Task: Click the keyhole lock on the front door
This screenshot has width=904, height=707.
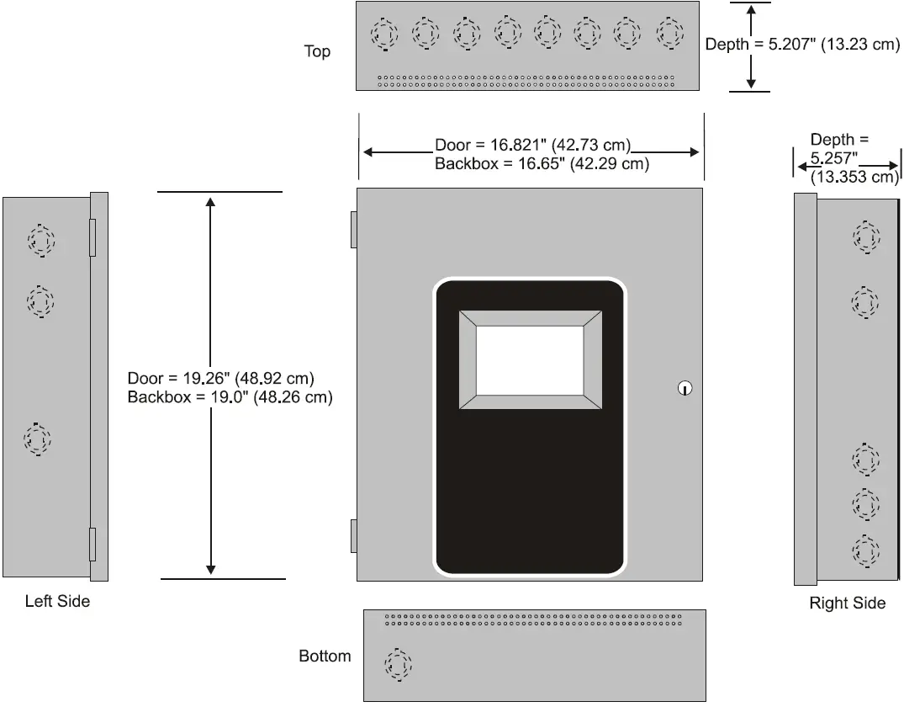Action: click(685, 388)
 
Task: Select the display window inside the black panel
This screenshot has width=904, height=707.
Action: click(530, 360)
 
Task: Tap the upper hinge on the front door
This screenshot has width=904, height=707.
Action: click(354, 229)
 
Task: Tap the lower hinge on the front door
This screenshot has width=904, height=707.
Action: click(354, 536)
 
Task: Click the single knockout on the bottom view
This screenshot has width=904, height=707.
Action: click(399, 665)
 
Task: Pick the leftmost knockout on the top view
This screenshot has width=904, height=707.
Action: click(384, 35)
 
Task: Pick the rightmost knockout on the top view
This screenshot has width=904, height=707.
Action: click(669, 34)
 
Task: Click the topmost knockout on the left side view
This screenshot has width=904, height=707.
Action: click(40, 241)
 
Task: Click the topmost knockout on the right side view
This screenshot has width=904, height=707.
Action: click(865, 237)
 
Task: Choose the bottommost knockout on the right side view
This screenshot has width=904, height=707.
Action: click(865, 550)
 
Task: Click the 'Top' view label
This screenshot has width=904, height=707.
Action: click(317, 52)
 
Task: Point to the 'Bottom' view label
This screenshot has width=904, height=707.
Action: click(325, 656)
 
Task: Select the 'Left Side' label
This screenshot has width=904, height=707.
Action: click(57, 602)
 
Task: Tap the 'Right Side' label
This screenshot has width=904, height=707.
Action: click(847, 603)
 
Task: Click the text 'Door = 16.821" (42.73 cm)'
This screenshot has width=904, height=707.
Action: click(532, 146)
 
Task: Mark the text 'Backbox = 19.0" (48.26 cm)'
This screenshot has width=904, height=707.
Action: click(230, 397)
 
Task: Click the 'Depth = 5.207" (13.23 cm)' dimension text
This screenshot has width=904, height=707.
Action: click(802, 45)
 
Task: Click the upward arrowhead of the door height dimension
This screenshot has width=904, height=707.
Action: click(210, 203)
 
